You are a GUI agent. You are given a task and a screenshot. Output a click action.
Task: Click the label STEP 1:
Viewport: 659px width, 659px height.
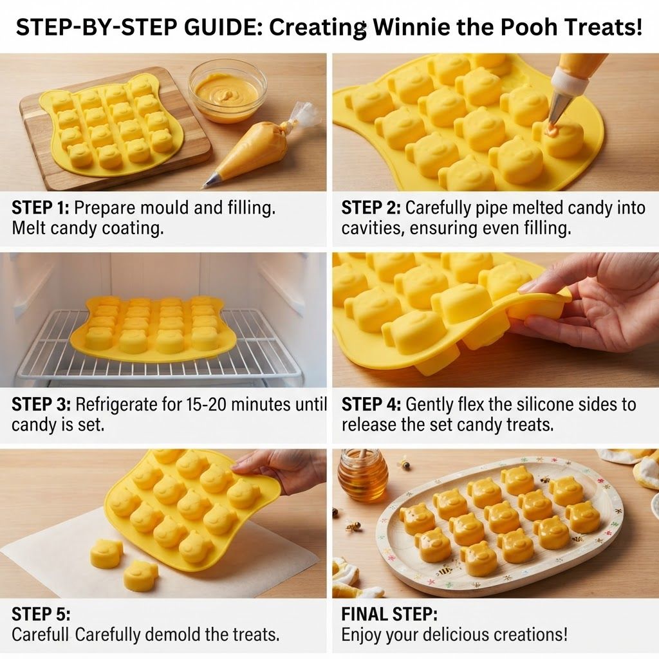point(42,208)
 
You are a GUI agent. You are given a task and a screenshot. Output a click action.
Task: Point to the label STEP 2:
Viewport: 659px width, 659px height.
point(371,208)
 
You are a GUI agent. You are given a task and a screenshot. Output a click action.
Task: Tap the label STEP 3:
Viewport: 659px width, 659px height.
point(41,404)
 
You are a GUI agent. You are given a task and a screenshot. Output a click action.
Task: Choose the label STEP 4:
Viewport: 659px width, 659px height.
point(371,404)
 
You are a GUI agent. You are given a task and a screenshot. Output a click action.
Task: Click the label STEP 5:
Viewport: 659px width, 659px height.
point(41,614)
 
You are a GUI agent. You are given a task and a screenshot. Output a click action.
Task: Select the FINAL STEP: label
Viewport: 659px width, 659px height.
point(389,614)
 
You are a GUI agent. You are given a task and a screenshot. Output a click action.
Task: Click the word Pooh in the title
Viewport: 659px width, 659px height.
point(530,27)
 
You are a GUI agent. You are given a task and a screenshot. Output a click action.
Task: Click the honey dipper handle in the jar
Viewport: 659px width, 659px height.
point(362,456)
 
